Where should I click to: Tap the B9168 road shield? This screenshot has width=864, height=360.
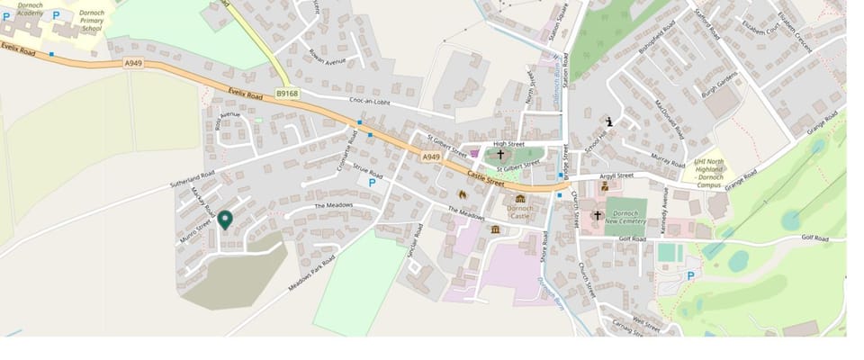pos(287,93)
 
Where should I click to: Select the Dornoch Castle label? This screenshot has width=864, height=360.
pos(520,212)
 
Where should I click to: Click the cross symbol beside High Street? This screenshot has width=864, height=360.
pos(500,155)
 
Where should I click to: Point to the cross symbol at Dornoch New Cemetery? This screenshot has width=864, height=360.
pos(598,216)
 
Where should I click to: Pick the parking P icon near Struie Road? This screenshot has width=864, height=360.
pos(371,182)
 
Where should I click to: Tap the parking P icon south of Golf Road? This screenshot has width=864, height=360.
pos(691,275)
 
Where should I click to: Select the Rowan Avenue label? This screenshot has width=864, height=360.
pos(327,62)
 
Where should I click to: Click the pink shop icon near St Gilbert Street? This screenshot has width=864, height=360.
pos(473,153)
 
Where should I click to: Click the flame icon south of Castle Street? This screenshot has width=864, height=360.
pos(463,193)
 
